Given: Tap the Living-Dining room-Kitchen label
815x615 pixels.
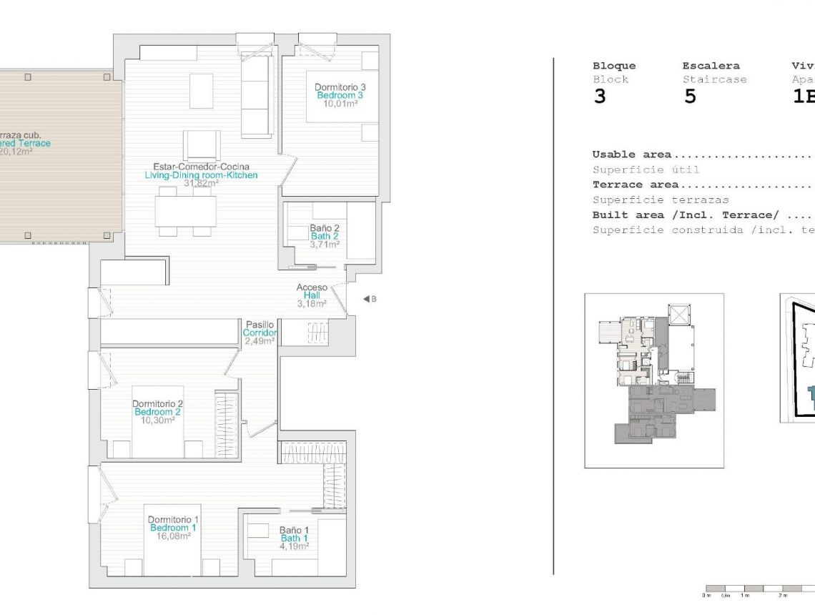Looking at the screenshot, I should click(201, 175).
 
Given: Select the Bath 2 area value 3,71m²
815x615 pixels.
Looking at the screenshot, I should click(325, 244).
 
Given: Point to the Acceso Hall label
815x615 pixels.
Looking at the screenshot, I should click(312, 295).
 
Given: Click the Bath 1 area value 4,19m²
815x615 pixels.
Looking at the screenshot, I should click(294, 546).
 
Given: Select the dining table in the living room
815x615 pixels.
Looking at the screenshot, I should click(186, 212).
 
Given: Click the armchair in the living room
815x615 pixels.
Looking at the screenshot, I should click(201, 145).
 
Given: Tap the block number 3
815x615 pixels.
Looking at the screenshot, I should click(600, 97).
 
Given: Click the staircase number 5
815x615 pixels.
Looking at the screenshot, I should click(689, 97).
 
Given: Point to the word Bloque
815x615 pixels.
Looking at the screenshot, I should click(613, 66).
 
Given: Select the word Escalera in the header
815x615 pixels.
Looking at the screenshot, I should click(711, 66).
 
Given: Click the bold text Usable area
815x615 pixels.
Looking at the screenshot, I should click(631, 154).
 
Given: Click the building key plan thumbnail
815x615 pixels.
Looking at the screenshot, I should click(653, 380).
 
